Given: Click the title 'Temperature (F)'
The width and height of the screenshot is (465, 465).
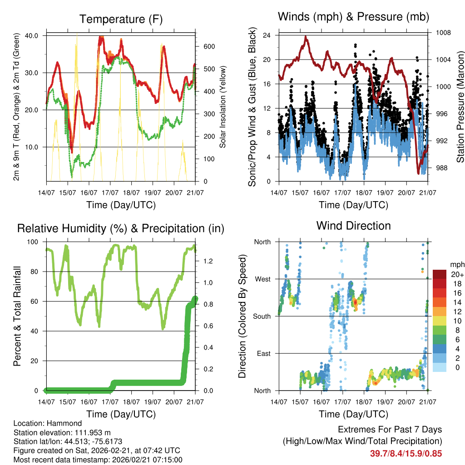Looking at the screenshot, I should click(121, 19).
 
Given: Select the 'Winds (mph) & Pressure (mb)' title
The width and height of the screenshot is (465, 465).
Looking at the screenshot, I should click(353, 17).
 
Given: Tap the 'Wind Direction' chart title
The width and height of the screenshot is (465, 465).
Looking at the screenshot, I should click(353, 226).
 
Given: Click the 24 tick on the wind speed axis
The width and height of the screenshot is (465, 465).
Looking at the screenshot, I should click(267, 35).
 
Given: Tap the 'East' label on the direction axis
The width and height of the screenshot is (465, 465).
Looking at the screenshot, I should click(263, 353).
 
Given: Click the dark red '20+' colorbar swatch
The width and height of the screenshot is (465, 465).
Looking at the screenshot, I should click(440, 274).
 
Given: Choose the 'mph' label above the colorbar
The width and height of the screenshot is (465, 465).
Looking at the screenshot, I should click(457, 264).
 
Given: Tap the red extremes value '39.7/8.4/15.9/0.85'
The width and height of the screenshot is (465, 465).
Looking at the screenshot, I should click(406, 453).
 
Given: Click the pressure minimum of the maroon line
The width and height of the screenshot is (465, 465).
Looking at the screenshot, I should click(418, 173).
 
